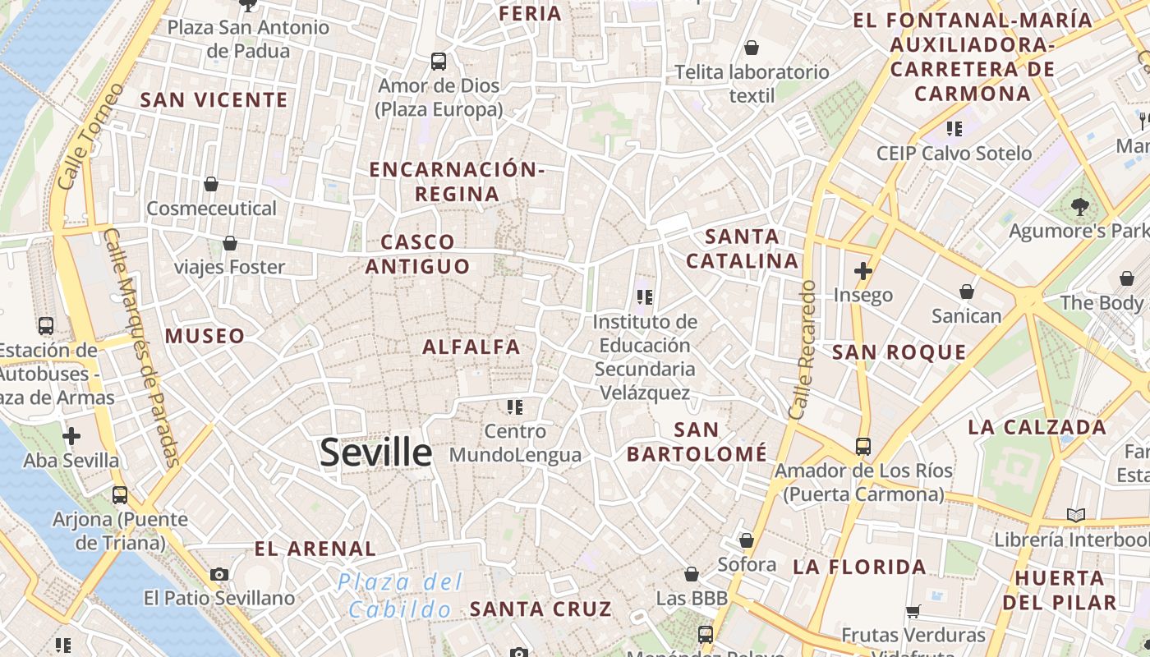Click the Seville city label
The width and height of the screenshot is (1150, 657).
click(x=375, y=453)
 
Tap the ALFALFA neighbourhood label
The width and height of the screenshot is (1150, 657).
click(x=471, y=347)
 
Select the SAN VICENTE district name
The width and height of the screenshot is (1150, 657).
click(x=214, y=100)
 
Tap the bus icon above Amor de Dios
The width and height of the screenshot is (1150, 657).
click(x=439, y=61)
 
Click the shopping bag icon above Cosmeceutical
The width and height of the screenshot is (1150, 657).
click(x=211, y=184)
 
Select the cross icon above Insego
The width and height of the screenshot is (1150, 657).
click(x=862, y=270)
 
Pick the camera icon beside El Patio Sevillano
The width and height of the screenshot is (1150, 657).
click(x=218, y=574)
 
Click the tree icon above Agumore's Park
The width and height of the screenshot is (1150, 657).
click(x=1079, y=206)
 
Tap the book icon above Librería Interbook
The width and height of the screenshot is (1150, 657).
click(x=1075, y=515)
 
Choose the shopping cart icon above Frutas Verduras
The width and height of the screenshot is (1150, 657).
click(x=913, y=611)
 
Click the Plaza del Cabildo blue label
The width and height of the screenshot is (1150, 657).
click(x=400, y=596)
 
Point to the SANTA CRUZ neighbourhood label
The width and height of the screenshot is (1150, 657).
click(x=540, y=609)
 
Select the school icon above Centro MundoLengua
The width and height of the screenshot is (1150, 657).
click(x=515, y=407)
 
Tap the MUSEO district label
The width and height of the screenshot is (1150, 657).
click(x=205, y=336)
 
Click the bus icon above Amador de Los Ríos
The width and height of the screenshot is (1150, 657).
click(x=862, y=446)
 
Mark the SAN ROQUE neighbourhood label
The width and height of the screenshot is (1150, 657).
click(x=899, y=353)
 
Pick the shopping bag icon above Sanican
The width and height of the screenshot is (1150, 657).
click(x=967, y=292)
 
